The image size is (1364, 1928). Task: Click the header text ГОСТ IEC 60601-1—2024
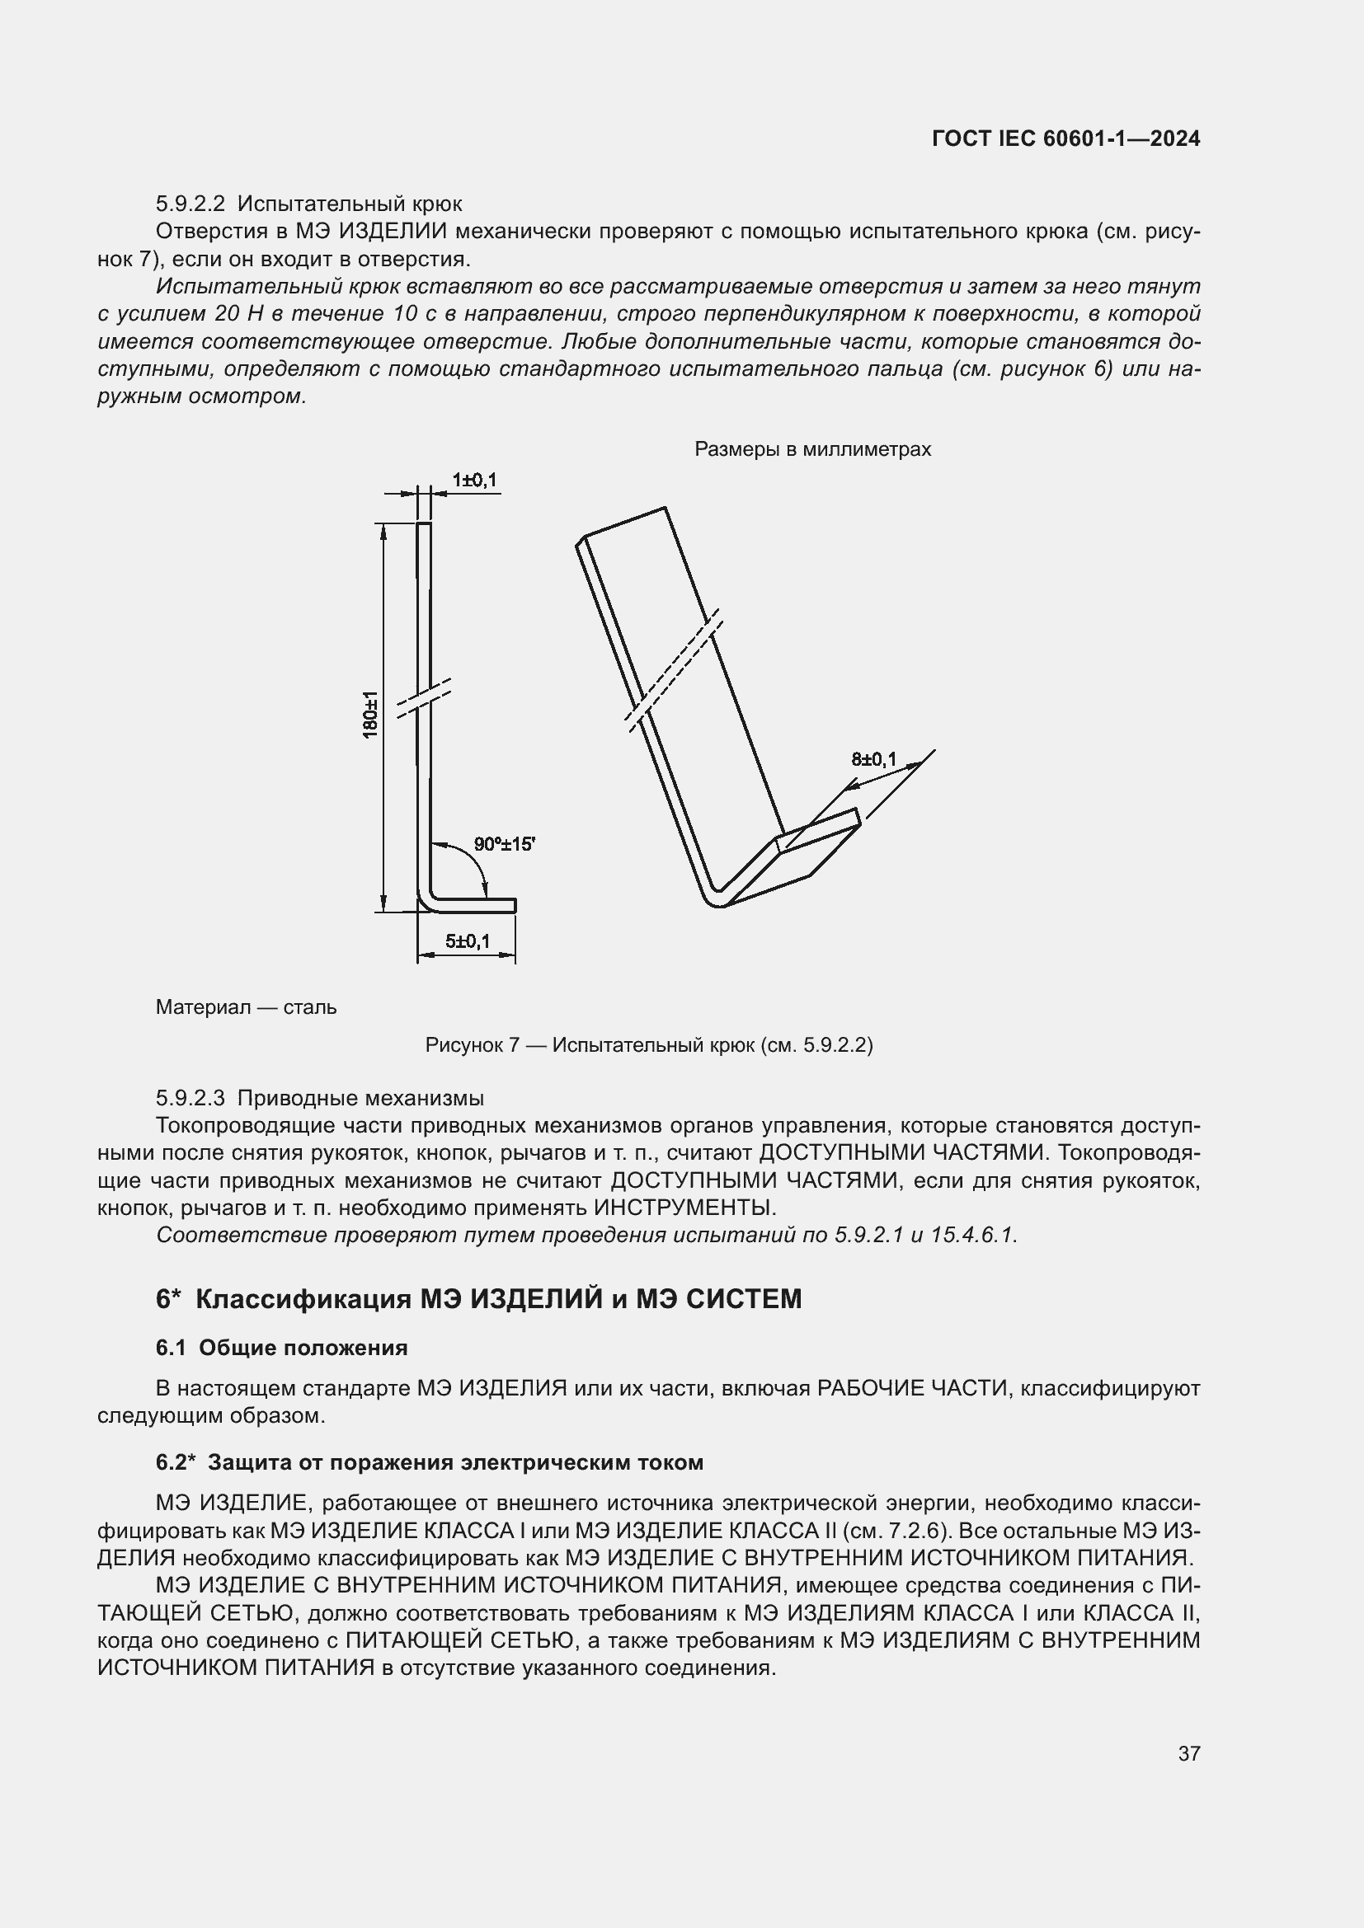1065,138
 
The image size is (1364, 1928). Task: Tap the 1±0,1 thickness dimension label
473,481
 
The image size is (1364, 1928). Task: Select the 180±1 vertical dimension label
370,715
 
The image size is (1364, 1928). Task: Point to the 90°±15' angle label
504,844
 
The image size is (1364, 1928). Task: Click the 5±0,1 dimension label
467,941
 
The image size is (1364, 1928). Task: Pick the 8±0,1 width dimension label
873,760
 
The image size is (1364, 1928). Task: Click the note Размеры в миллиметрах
812,449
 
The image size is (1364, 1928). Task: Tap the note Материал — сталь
246,1006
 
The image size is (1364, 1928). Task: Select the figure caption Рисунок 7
648,1045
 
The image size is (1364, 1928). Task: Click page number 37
1188,1753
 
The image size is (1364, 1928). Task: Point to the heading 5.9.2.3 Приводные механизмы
319,1098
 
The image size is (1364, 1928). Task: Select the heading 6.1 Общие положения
281,1348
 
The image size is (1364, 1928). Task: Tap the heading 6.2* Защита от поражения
429,1462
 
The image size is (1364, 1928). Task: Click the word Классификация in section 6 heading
303,1299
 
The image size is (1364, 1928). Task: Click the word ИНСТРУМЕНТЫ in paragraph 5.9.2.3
684,1208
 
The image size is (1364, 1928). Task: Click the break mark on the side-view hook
424,698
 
